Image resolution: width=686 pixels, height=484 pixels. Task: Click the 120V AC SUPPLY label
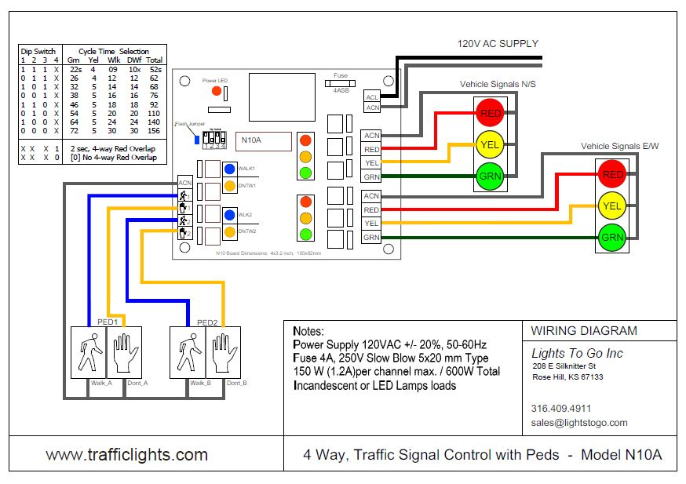(498, 43)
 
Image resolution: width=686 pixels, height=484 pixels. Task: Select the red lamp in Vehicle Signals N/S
(491, 113)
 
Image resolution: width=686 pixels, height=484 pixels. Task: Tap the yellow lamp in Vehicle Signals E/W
(611, 206)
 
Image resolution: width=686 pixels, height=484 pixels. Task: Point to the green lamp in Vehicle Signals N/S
(491, 176)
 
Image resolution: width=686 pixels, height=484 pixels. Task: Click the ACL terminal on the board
(372, 96)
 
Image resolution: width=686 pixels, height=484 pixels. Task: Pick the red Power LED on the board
(216, 93)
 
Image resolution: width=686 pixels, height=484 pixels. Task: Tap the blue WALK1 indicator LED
(230, 169)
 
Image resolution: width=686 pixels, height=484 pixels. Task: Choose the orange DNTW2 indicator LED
(230, 232)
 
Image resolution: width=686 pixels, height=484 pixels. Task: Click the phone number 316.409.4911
(561, 408)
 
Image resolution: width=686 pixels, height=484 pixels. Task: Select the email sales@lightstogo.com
(579, 422)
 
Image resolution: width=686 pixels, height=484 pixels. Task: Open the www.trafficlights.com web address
(126, 455)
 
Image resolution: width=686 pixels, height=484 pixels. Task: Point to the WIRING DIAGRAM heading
(584, 331)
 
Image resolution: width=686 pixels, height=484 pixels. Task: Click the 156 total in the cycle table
(155, 132)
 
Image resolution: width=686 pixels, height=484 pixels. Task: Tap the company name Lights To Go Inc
(577, 353)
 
